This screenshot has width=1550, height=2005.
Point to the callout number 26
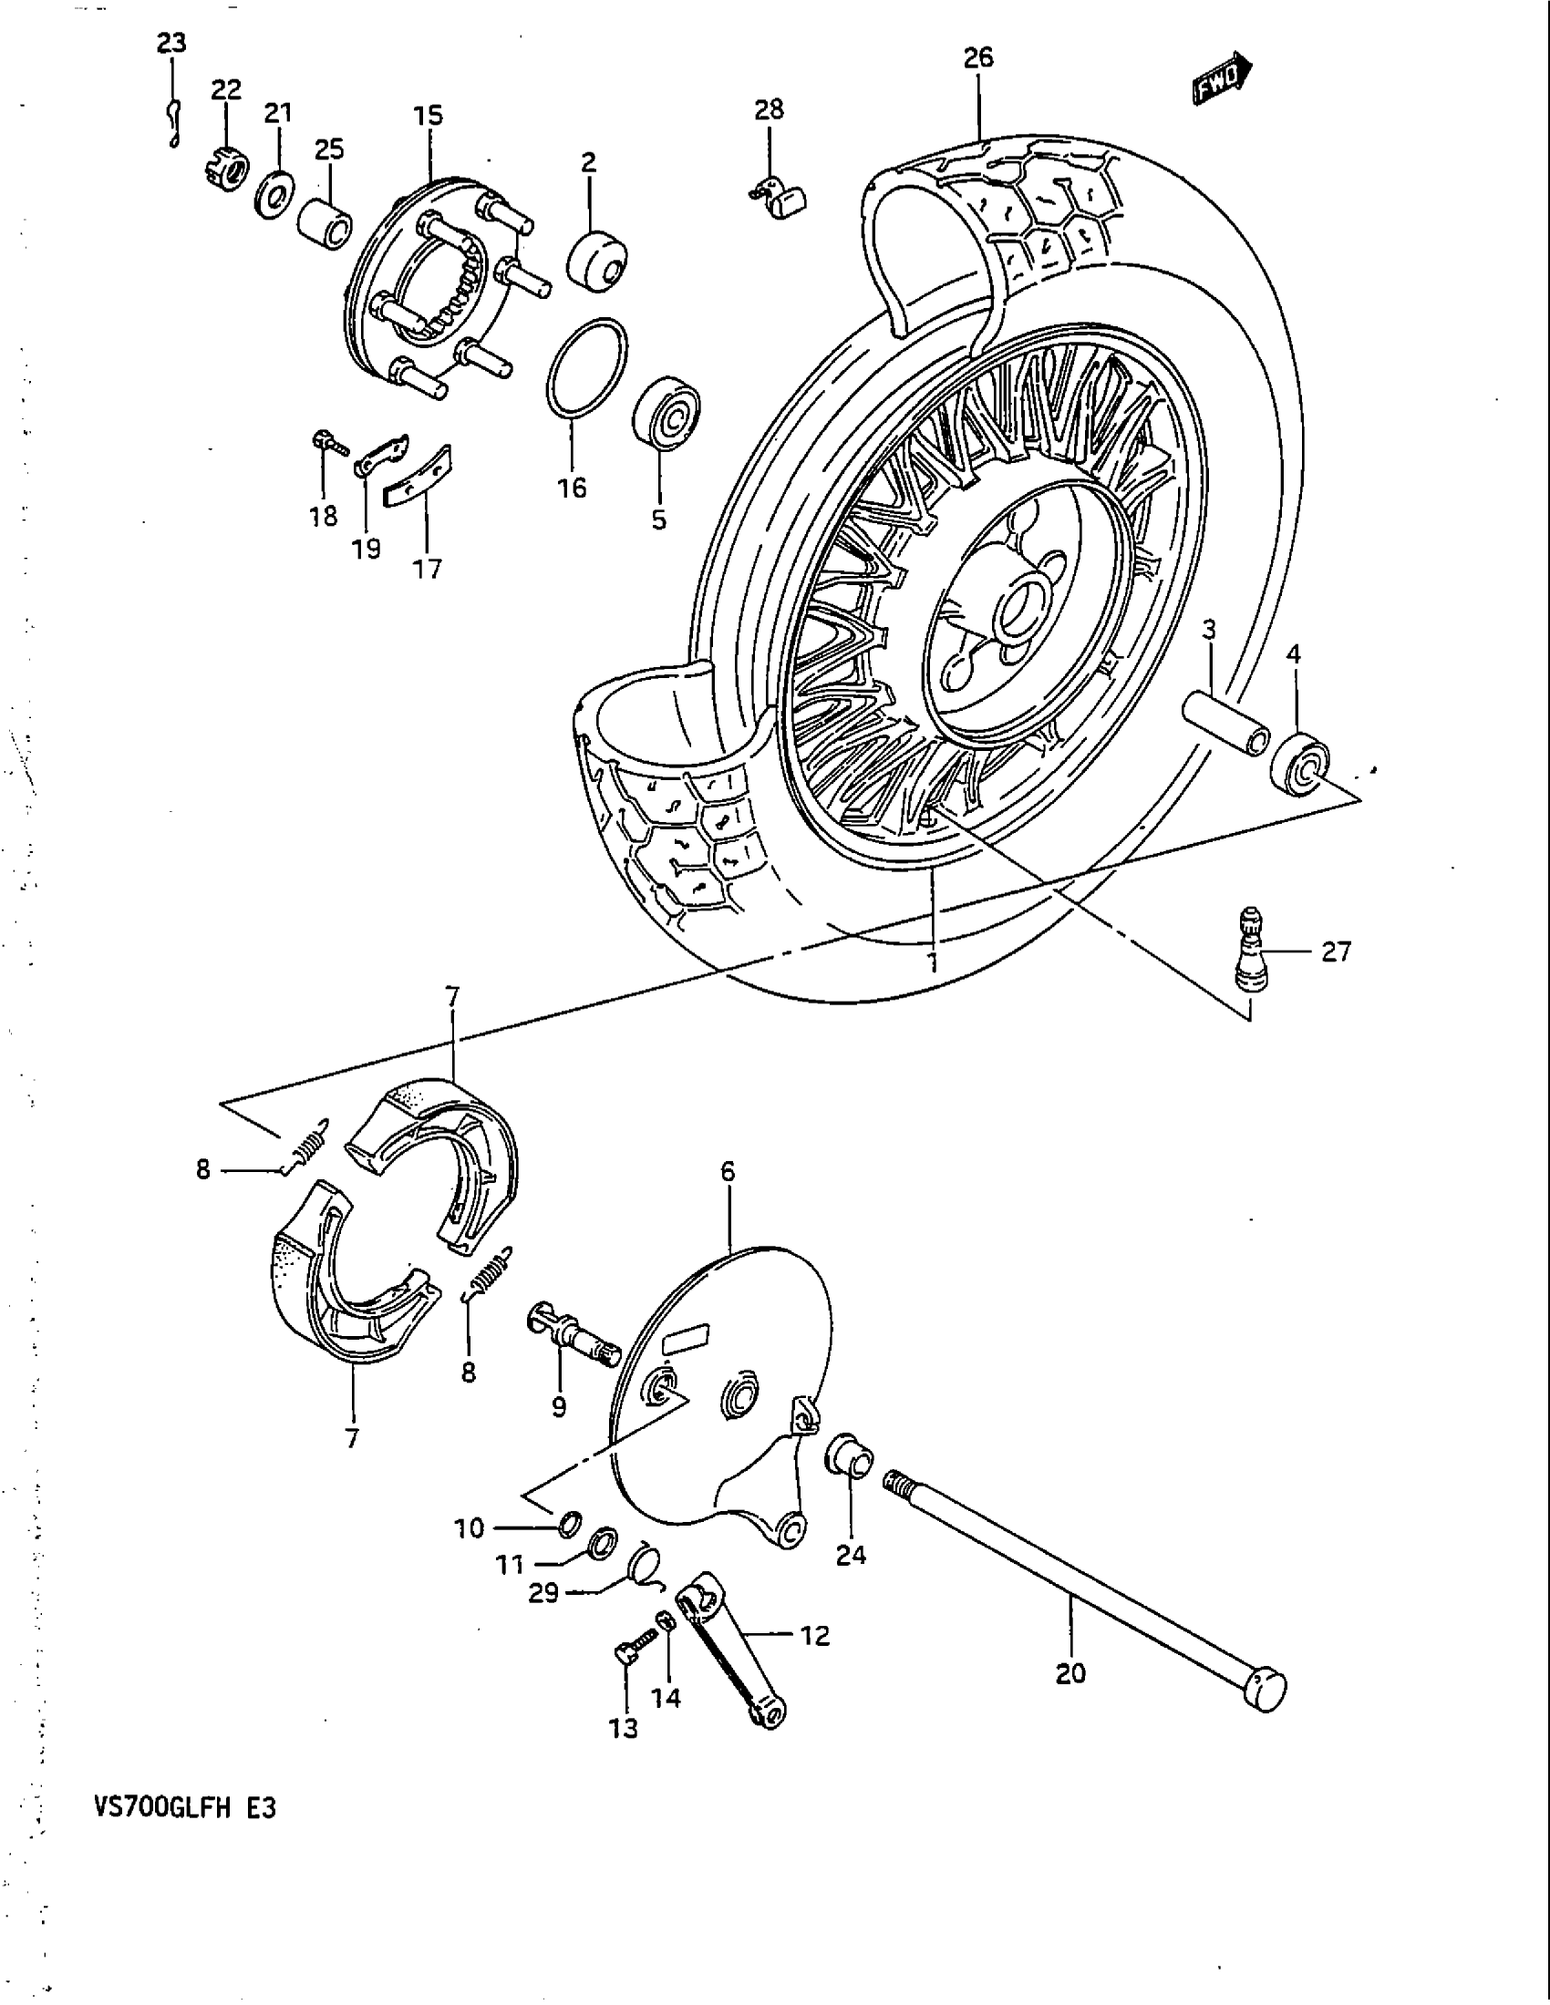tap(978, 57)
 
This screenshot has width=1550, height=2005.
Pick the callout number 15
tap(428, 116)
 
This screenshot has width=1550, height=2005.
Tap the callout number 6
tap(728, 1171)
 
